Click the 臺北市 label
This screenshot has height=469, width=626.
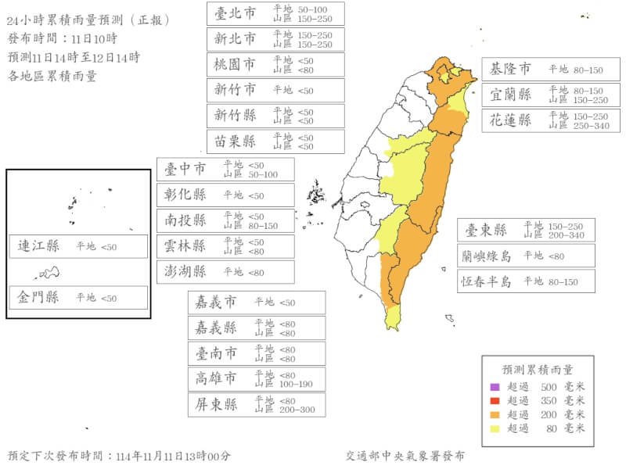[x=236, y=13]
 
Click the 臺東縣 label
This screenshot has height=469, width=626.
[x=487, y=230]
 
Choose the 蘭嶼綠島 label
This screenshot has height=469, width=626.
[x=486, y=255]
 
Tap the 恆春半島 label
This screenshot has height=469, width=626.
[x=486, y=281]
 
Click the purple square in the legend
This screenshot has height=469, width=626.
[x=494, y=387]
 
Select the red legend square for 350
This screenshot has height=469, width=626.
[x=494, y=400]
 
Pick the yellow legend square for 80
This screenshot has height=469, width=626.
[x=494, y=428]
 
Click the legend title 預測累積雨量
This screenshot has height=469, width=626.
[x=537, y=370]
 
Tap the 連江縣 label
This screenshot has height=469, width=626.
[x=39, y=246]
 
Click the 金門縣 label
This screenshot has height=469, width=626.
[x=39, y=297]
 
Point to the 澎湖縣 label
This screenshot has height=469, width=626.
[x=185, y=271]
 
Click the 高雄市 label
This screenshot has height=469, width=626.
[x=215, y=379]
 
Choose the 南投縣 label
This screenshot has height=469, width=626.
[x=185, y=220]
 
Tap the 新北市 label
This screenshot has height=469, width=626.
[x=236, y=38]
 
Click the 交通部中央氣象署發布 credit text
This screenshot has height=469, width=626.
[x=405, y=455]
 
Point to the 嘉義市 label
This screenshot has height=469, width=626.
[x=215, y=302]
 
